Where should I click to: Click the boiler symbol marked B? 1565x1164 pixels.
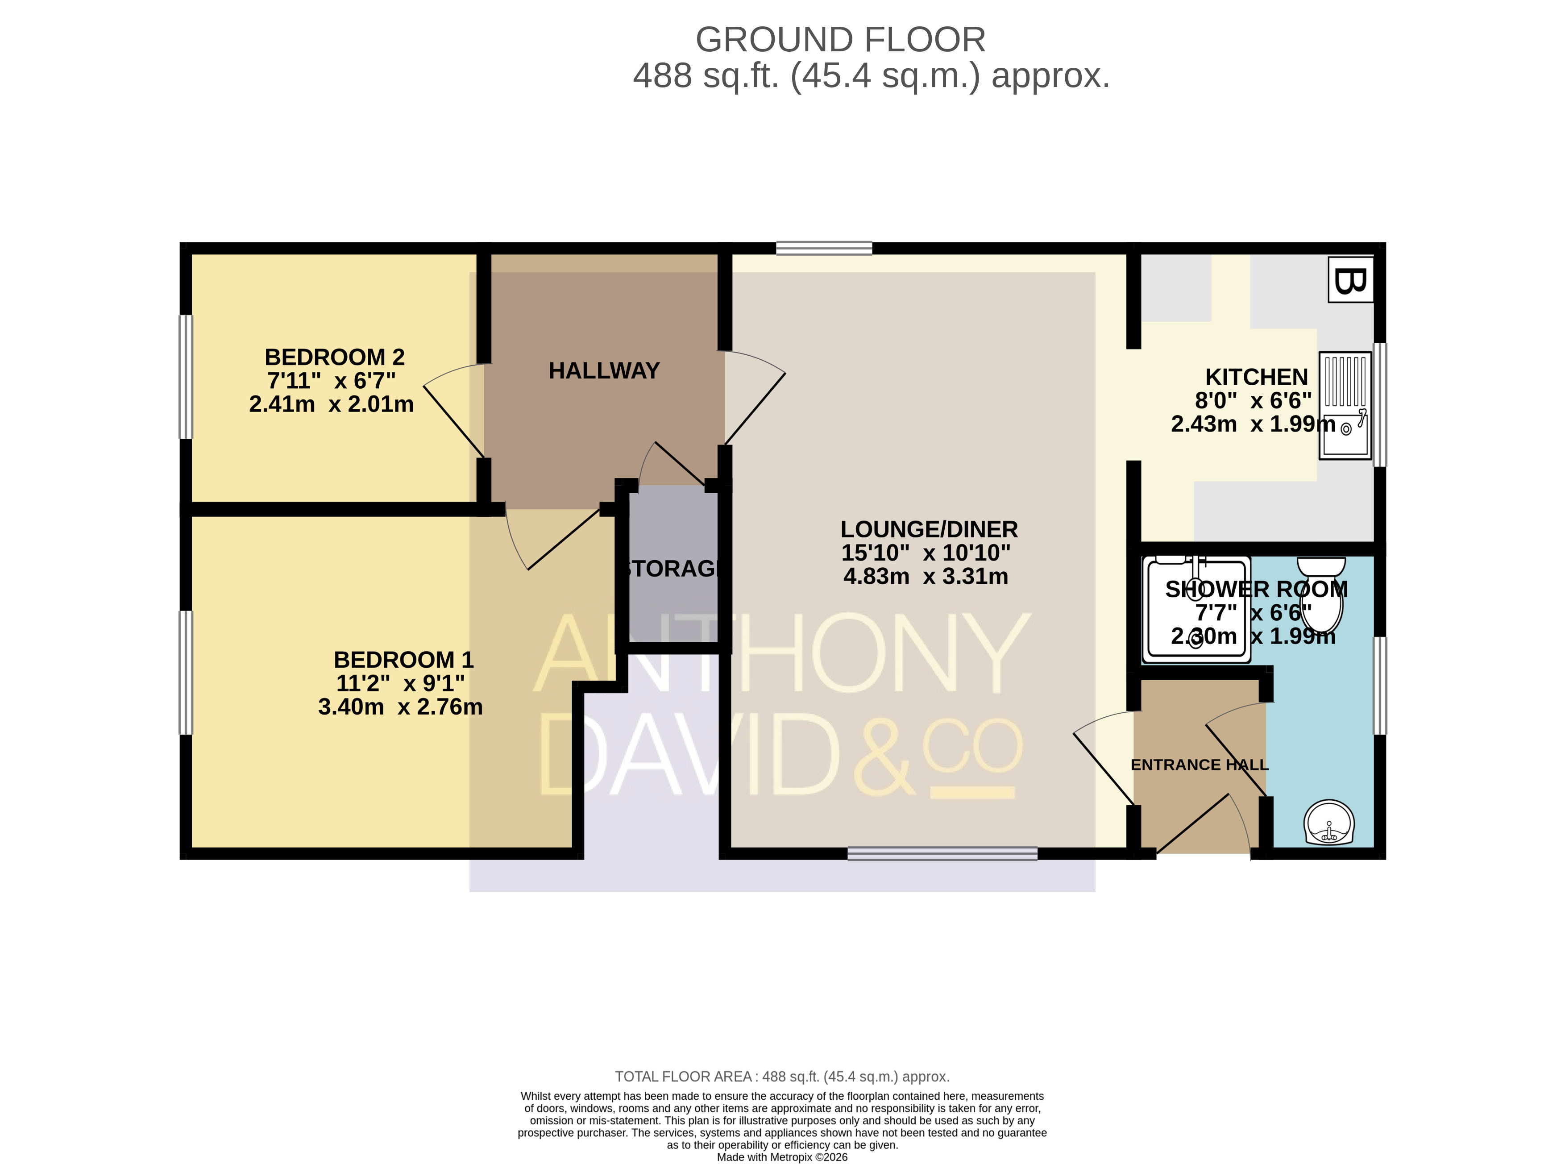coord(1350,280)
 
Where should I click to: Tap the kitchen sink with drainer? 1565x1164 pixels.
coord(1345,405)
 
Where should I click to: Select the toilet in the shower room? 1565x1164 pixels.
coord(1320,594)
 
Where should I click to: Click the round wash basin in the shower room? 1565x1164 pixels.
coord(1329,822)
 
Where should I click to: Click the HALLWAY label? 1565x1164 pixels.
coord(604,370)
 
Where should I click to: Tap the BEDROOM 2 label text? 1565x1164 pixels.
coord(335,357)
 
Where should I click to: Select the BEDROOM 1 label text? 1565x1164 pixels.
coord(403,660)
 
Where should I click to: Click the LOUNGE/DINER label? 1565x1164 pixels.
coord(929,529)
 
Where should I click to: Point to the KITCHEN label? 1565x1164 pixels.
coord(1257,377)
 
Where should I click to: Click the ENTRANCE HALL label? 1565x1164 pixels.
coord(1200,765)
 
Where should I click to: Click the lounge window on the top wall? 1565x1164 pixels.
coord(824,248)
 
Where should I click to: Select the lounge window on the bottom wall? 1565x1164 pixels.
coord(942,854)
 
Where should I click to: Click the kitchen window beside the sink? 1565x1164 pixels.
coord(1380,405)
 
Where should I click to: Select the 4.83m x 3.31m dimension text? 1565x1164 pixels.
coord(926,576)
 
